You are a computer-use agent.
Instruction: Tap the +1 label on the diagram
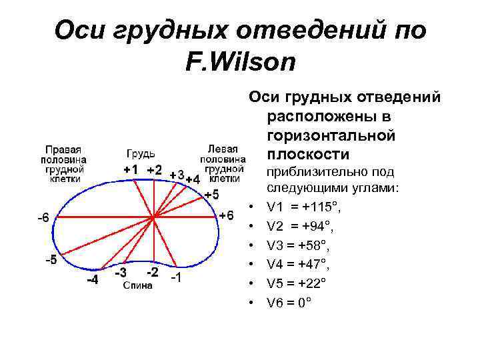(131, 169)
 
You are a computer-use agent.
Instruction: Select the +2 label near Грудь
(154, 169)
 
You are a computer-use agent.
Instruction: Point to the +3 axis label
(177, 175)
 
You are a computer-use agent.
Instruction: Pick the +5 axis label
(211, 195)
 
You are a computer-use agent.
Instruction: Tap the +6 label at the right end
(227, 215)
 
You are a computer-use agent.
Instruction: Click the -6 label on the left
(43, 217)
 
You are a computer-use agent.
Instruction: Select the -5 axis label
(51, 260)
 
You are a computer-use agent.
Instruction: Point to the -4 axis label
(93, 280)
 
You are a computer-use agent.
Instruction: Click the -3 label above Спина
(120, 273)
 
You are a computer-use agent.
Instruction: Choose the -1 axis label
(175, 277)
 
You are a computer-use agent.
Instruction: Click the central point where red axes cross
(154, 217)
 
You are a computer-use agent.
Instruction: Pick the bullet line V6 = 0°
(288, 302)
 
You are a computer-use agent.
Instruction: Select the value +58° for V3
(313, 246)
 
